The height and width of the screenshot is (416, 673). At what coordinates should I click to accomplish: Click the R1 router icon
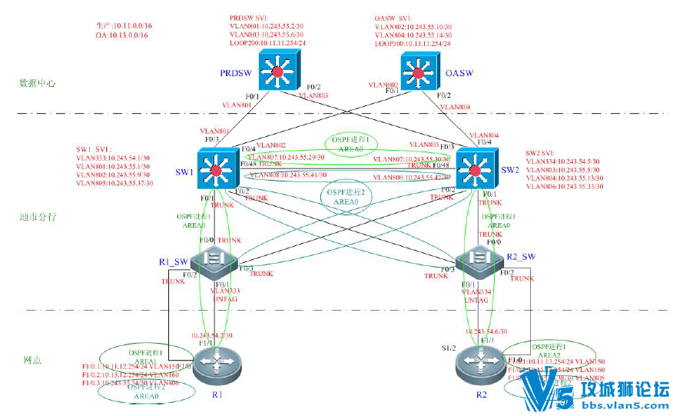click(216, 368)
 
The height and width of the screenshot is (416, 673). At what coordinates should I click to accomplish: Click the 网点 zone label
click(32, 360)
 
